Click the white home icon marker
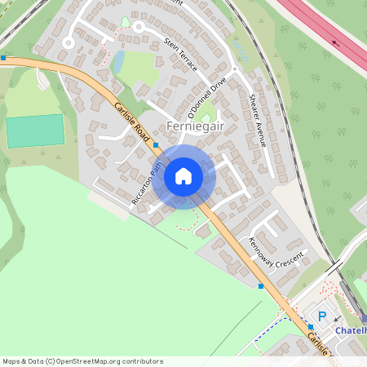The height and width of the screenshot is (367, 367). click(183, 175)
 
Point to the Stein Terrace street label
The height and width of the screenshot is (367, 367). click(180, 55)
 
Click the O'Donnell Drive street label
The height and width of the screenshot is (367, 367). click(206, 100)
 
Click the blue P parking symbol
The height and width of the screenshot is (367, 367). click(322, 316)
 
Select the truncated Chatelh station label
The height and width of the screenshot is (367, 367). click(351, 330)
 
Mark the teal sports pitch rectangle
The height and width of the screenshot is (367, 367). click(35, 130)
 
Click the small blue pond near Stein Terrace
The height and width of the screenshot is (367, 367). click(118, 61)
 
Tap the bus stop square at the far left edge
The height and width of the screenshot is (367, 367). click(3, 58)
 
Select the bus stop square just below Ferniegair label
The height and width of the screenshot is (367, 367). click(156, 145)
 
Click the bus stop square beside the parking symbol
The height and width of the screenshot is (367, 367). click(310, 326)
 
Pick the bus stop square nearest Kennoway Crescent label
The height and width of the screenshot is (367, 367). click(261, 285)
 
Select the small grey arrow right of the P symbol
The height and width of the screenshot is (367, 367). click(338, 319)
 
